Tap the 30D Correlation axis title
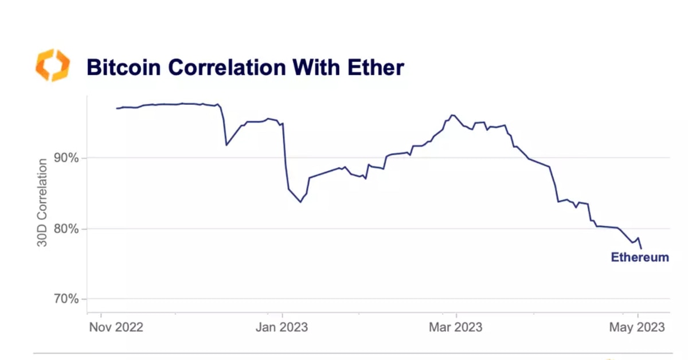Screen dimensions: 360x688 tap(43, 204)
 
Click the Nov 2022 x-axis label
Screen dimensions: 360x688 tap(117, 327)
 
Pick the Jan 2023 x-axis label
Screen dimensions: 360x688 tap(282, 327)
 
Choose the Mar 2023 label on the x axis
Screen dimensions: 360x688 tap(456, 327)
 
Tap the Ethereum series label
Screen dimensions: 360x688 tap(640, 257)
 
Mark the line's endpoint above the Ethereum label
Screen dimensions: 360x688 tap(641, 248)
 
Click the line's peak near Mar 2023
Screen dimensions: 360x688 tap(452, 115)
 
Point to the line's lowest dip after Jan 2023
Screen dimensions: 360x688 tap(300, 202)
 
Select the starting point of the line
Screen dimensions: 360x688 tap(116, 108)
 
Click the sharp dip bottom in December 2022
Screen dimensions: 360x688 tap(226, 144)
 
